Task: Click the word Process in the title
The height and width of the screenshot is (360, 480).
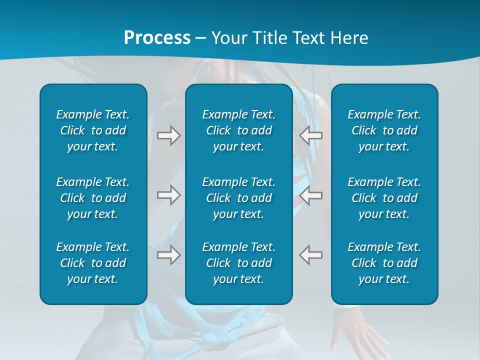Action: [x=157, y=37]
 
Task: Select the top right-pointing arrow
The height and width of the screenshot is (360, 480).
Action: [x=169, y=135]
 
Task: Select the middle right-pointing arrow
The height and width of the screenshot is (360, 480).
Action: [x=169, y=195]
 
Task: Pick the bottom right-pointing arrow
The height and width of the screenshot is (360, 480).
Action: [x=169, y=254]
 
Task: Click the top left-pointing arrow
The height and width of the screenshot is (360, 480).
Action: [x=311, y=135]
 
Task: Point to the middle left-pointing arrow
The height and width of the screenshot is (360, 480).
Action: [x=311, y=195]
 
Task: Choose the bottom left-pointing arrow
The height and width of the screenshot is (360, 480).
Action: [x=311, y=254]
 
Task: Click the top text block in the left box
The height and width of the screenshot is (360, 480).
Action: [x=93, y=130]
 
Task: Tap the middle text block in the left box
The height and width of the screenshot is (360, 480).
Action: [x=93, y=198]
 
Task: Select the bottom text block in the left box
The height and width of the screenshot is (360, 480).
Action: [x=93, y=263]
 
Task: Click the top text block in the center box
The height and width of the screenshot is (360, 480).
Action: [x=239, y=130]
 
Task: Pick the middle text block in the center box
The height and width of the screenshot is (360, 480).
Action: [x=239, y=198]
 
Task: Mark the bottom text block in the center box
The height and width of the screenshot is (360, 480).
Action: [x=239, y=263]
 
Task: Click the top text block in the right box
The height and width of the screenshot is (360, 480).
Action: [x=384, y=130]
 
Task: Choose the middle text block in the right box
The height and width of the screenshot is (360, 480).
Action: [x=384, y=198]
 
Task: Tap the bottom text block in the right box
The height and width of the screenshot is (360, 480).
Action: [x=384, y=263]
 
